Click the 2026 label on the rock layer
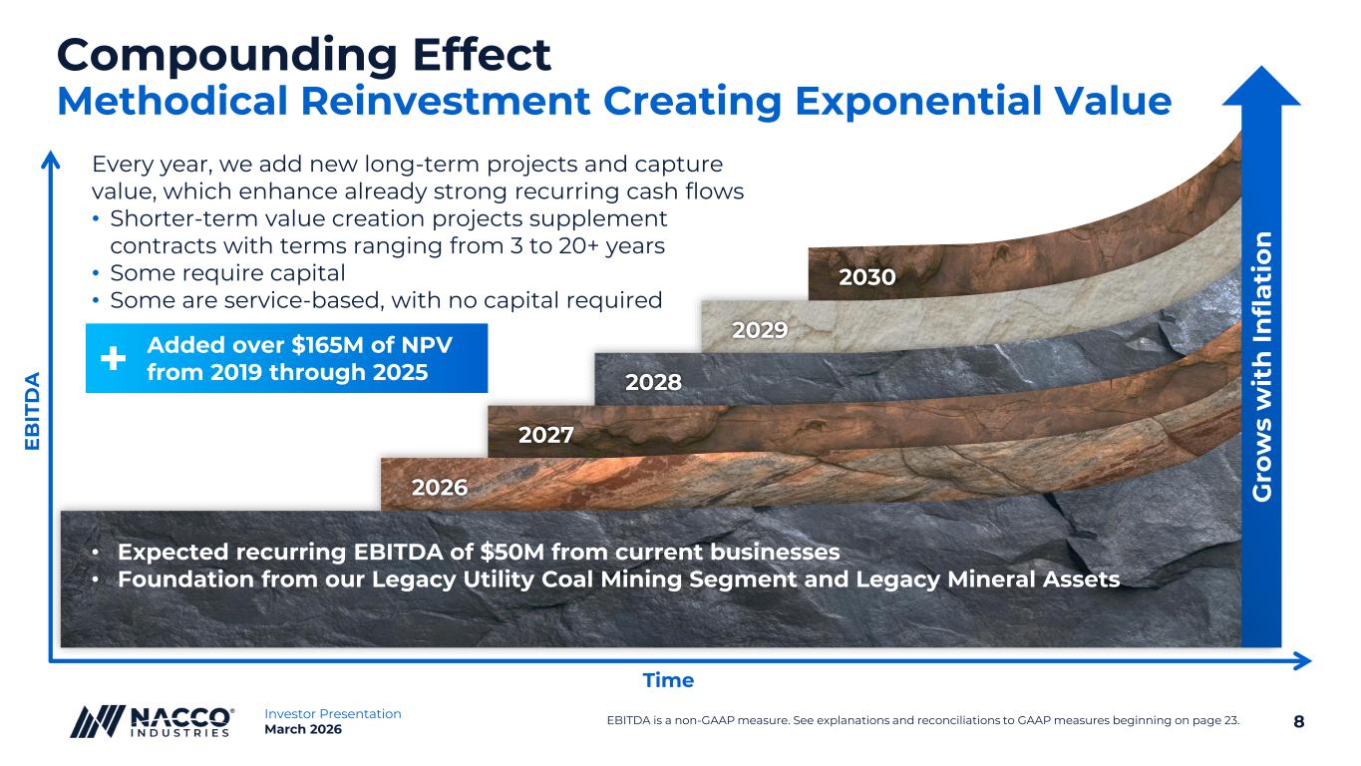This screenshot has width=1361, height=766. point(440,487)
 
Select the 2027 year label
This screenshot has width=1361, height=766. point(545,435)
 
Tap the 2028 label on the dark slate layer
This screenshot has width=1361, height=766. point(653,382)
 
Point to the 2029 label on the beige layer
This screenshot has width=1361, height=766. point(760,329)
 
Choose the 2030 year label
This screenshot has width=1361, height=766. point(867,276)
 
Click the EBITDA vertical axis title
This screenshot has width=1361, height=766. point(32,411)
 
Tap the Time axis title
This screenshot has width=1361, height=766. point(668,679)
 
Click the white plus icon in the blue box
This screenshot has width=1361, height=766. point(113,358)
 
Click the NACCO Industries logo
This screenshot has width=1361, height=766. point(152,722)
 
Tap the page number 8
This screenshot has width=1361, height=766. point(1298,722)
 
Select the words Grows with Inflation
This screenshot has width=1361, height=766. point(1261,367)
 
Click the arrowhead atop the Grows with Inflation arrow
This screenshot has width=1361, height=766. point(1261,86)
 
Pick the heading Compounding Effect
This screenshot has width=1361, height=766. point(304,55)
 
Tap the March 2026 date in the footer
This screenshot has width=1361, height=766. point(302,729)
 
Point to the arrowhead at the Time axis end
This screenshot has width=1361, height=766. point(1302,661)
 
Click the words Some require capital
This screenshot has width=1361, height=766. point(227,273)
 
